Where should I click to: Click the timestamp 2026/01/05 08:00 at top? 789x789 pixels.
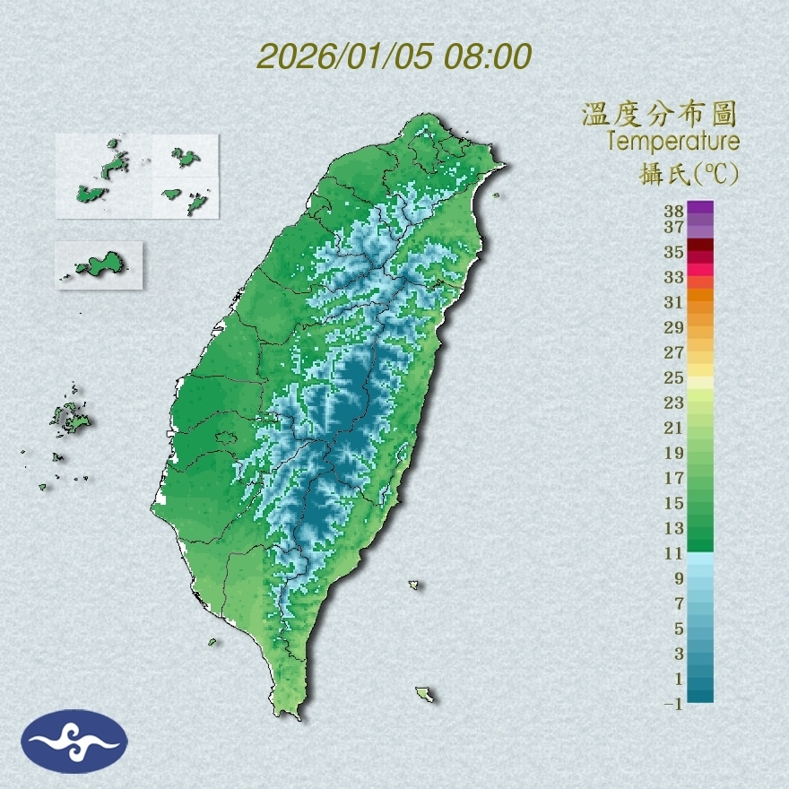click(394, 56)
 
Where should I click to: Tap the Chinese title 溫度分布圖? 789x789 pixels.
click(660, 115)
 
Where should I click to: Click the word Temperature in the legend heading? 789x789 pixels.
click(672, 141)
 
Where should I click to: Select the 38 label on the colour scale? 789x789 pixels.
click(674, 212)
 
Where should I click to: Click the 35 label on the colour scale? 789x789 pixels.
click(674, 252)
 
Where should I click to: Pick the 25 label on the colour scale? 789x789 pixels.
click(674, 377)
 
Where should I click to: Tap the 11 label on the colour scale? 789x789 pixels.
click(674, 554)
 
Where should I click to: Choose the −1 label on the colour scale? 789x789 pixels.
click(672, 705)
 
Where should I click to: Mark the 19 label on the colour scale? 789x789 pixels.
click(674, 453)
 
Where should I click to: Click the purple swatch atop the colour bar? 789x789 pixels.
click(700, 208)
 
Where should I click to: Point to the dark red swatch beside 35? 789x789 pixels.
click(700, 246)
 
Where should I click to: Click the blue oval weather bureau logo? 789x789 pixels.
click(74, 741)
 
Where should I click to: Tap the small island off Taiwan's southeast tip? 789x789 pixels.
click(425, 694)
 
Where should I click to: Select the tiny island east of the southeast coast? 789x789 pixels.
click(414, 585)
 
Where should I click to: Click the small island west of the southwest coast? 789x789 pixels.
click(213, 641)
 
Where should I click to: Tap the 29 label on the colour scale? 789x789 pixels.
click(674, 327)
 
